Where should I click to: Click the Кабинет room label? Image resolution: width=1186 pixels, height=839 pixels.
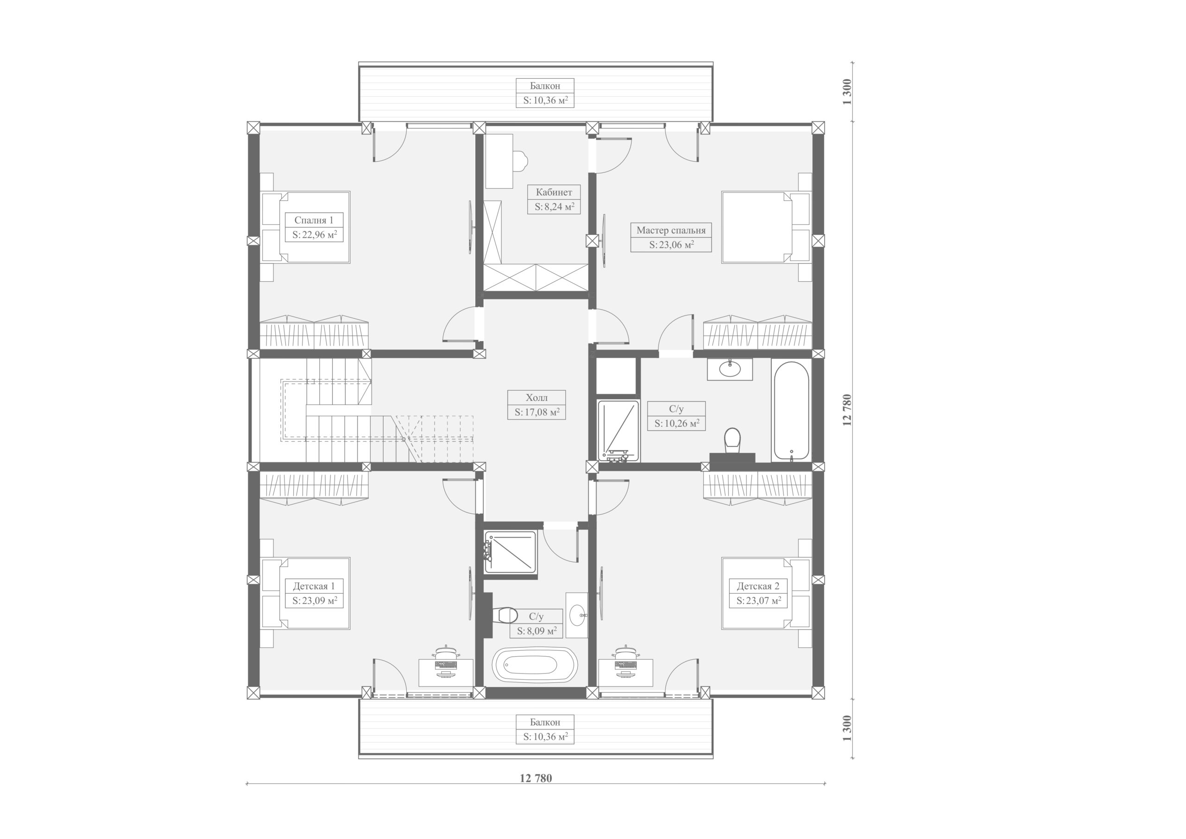tap(554, 192)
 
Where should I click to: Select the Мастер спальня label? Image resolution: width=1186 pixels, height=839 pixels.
tap(670, 230)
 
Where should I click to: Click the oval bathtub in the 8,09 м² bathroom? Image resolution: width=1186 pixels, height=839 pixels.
tap(535, 664)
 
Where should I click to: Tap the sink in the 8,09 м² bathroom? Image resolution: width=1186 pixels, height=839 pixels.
tap(577, 615)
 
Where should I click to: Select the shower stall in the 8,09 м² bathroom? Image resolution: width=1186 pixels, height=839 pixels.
tap(511, 553)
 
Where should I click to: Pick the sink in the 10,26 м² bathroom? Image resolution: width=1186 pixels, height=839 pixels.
tap(729, 369)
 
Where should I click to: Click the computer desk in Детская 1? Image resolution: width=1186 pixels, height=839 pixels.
tap(446, 672)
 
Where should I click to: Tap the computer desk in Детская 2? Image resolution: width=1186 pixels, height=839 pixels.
tap(625, 672)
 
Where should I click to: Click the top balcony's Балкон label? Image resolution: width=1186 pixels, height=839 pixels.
tap(545, 86)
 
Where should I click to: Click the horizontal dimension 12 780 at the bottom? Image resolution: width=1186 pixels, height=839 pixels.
tap(536, 779)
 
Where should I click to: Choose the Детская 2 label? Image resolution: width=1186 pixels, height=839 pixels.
tap(758, 586)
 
